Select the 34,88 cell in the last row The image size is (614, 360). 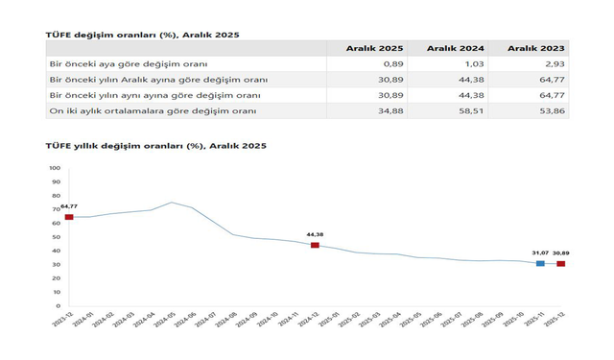tap(390, 111)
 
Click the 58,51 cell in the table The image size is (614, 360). tap(470, 111)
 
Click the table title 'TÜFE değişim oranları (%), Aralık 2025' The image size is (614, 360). tap(143, 35)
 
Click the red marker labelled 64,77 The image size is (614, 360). tap(69, 217)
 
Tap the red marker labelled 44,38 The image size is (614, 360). tap(315, 245)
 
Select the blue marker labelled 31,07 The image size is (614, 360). tap(540, 263)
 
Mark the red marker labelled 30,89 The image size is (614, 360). tap(561, 263)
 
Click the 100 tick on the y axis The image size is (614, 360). tap(54, 168)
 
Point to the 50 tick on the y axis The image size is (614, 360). tap(56, 237)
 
